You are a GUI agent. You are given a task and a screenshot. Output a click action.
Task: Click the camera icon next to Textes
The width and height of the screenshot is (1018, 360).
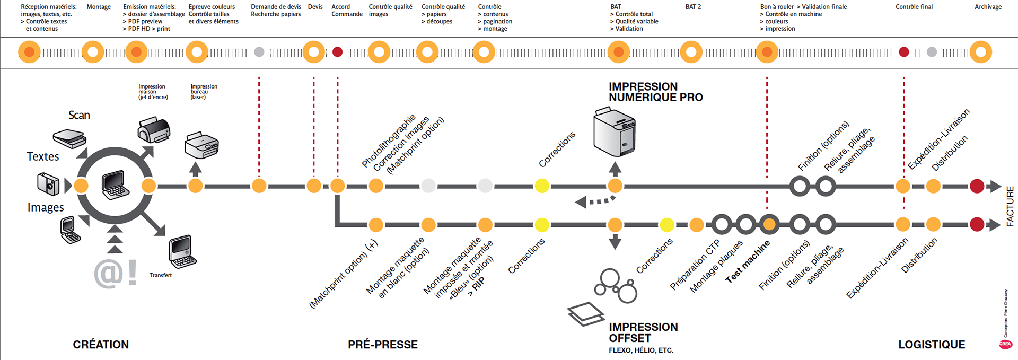[x=48, y=183]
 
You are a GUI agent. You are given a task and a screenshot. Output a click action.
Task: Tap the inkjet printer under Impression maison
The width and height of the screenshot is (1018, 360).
[x=154, y=130]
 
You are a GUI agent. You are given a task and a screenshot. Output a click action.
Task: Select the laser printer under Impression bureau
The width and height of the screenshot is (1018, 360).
[x=201, y=145]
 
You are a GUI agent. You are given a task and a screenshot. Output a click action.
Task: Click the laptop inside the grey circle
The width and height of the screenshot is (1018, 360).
[x=116, y=185]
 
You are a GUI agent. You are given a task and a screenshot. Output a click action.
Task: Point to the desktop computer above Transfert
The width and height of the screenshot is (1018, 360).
[x=182, y=252]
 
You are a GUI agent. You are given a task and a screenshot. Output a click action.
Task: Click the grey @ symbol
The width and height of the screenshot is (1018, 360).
[x=109, y=274]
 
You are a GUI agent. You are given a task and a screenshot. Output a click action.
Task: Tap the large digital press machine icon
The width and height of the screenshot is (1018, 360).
[x=614, y=132]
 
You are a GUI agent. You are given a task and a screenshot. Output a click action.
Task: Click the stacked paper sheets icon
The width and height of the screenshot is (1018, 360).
[x=585, y=314]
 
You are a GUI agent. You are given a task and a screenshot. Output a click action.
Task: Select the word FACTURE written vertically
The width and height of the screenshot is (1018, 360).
[x=1010, y=206]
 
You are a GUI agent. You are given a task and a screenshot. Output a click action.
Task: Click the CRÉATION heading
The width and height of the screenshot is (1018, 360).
[x=101, y=345]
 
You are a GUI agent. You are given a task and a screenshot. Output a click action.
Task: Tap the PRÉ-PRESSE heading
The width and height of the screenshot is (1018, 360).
[x=383, y=345]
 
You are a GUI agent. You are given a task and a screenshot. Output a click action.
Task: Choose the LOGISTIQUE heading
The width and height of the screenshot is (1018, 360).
[x=932, y=345]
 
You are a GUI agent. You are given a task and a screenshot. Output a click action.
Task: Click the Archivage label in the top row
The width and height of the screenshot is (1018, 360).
[x=988, y=7]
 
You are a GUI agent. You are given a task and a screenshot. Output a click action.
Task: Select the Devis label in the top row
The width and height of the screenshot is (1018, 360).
[x=315, y=7]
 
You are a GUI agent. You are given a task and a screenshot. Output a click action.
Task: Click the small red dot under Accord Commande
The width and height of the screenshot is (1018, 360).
[x=337, y=52]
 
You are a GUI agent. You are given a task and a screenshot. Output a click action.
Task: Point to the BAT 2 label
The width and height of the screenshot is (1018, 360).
[x=693, y=7]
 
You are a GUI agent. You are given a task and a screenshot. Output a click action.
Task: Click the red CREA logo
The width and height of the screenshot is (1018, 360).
[x=1005, y=344]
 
